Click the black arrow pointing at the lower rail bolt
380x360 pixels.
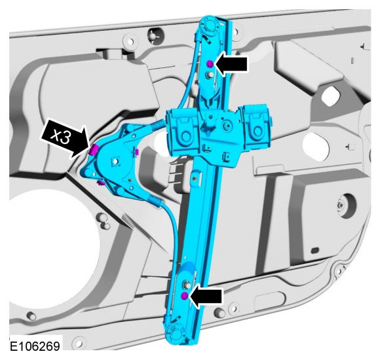pos(206,297)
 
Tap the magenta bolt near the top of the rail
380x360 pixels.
pos(210,64)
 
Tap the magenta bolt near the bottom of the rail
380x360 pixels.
pos(184,296)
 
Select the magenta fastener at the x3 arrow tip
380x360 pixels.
pos(93,149)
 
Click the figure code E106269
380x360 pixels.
pos(35,346)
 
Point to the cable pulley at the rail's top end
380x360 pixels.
pos(210,26)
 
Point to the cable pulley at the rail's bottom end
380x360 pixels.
pos(176,333)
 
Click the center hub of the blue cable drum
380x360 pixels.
pos(115,160)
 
